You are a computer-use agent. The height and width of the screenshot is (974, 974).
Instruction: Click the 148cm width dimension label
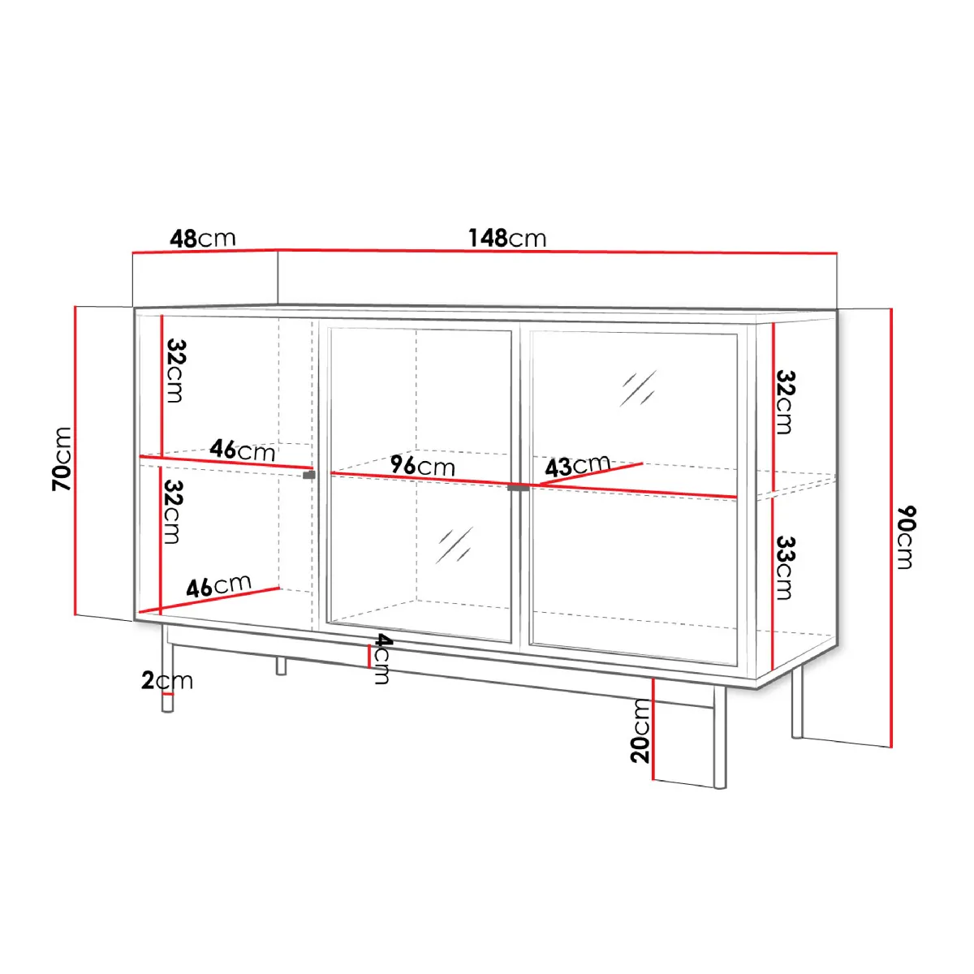507,238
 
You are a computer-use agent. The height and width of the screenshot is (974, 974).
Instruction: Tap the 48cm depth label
203,239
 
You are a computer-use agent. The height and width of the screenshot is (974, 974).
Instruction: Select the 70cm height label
62,459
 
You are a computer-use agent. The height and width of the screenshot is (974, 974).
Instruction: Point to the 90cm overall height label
907,537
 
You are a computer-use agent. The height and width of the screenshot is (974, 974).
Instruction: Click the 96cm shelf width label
423,466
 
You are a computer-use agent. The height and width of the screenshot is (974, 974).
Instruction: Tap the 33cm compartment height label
786,567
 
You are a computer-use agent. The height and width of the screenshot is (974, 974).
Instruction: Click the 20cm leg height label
640,730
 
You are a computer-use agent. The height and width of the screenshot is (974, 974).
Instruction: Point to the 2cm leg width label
167,681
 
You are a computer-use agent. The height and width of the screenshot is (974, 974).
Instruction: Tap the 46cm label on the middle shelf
243,450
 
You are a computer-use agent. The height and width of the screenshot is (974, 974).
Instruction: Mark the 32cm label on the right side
786,402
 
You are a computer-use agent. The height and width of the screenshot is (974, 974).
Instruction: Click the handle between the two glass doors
518,488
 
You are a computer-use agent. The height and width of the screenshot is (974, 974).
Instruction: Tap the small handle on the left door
308,475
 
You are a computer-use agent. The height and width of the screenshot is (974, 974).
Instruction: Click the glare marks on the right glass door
638,388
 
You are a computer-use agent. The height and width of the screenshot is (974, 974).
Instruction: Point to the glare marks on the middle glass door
454,545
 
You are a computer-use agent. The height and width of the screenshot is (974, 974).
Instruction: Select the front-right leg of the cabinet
720,738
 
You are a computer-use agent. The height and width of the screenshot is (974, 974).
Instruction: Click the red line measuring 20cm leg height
653,729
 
